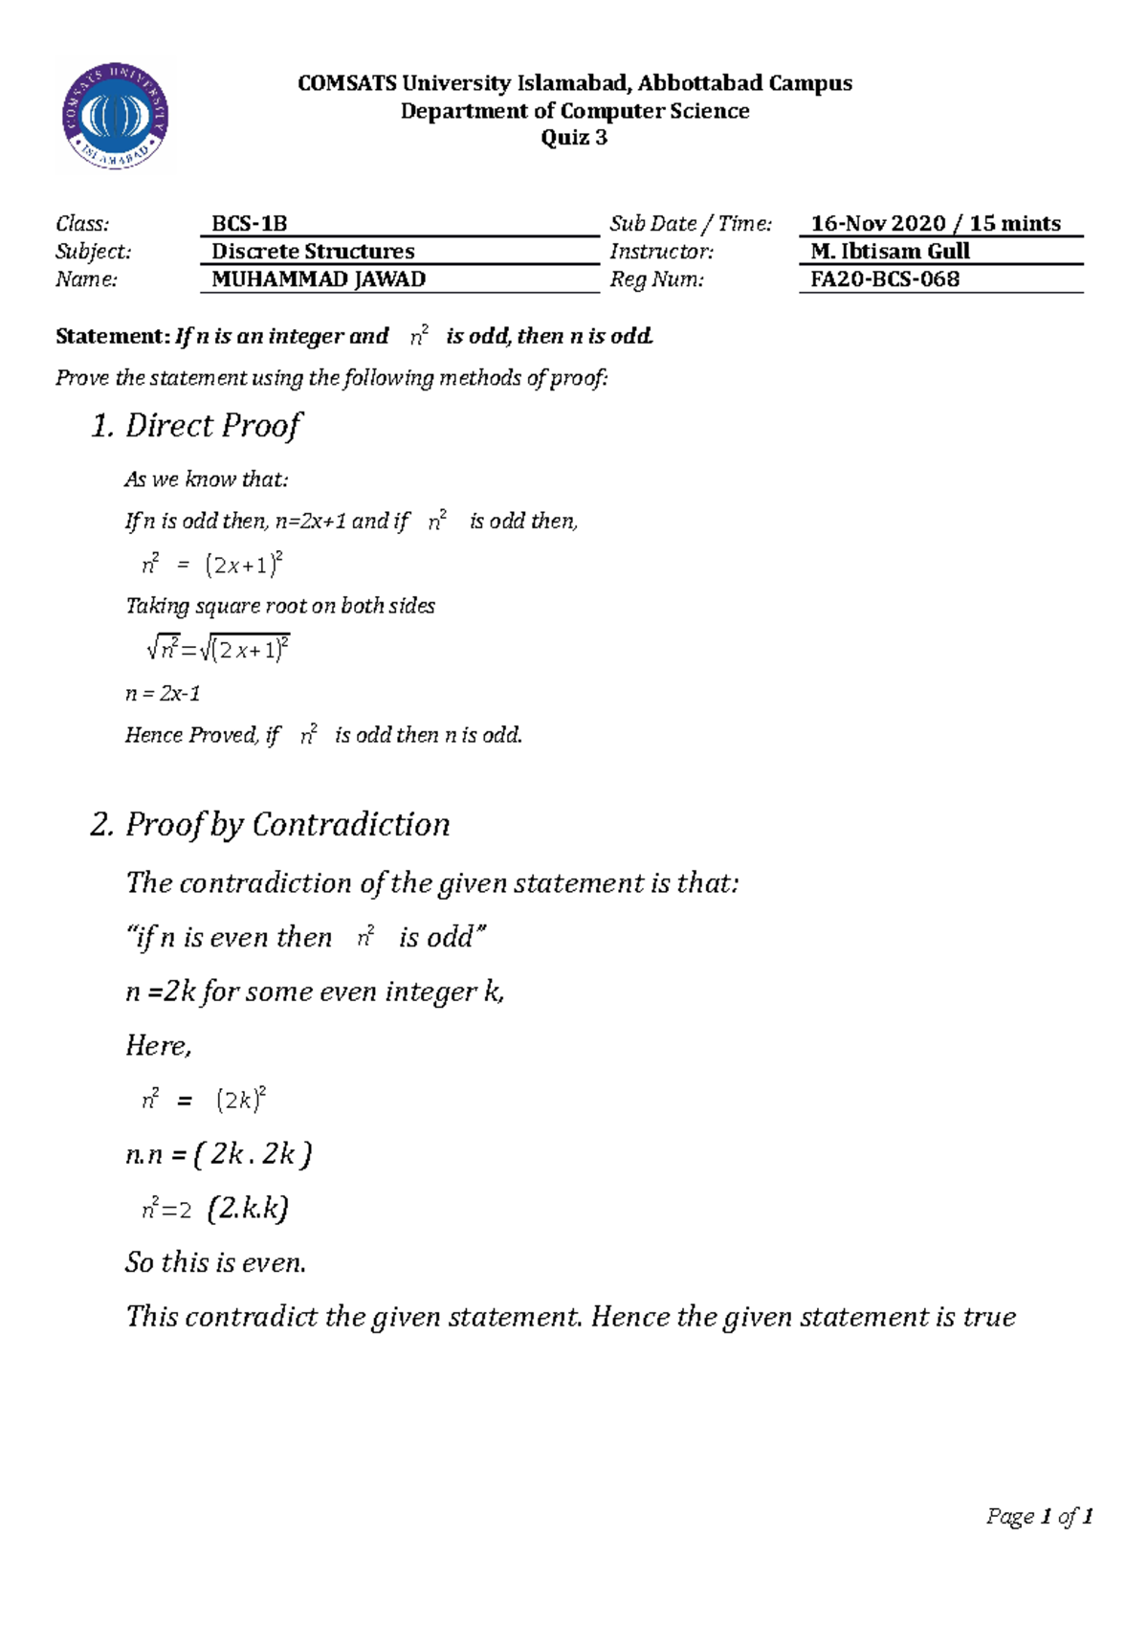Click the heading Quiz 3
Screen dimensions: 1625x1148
pos(574,137)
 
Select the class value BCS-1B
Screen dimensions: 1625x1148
pos(249,224)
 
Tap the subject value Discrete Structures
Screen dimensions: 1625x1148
pos(313,252)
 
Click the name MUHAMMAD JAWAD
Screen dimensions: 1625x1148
pos(319,279)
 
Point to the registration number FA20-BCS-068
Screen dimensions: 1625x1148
pos(885,279)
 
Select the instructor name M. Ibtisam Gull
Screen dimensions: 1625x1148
pos(890,252)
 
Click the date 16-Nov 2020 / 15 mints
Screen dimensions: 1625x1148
pos(936,224)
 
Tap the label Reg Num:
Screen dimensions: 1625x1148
pos(656,279)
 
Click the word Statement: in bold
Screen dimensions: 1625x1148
pos(112,336)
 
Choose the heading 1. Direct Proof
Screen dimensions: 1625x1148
pos(196,426)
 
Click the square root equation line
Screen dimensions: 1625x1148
pos(218,650)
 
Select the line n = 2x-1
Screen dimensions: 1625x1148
pos(163,693)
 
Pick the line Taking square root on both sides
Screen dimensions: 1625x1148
pos(280,606)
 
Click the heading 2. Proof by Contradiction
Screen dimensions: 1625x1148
pos(270,825)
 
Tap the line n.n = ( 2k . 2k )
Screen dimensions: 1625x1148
pos(219,1155)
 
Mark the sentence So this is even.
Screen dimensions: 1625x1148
pos(215,1263)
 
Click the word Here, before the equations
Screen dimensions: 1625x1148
pos(158,1046)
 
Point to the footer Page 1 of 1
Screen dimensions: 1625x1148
pos(1040,1516)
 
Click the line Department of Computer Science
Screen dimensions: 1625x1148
pos(574,111)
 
